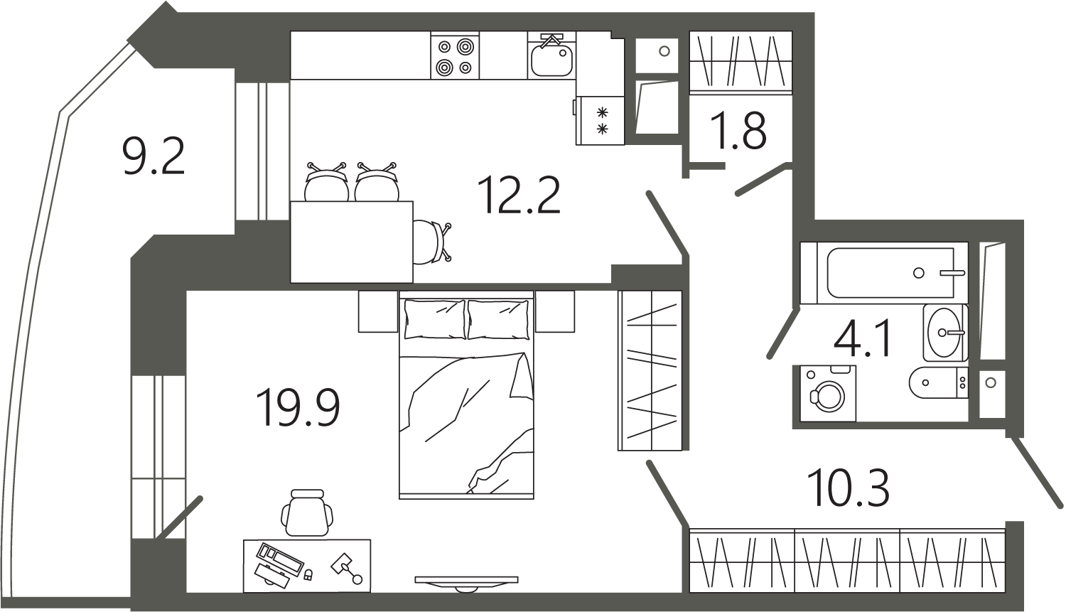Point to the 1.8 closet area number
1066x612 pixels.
pos(738,130)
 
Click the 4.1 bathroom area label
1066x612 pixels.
pos(861,338)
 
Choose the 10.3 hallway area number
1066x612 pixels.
pos(848,488)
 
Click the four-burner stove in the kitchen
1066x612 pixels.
pos(455,55)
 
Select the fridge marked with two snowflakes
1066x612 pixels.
pos(600,120)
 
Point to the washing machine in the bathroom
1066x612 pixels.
pos(828,393)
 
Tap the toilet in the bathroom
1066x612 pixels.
pos(938,382)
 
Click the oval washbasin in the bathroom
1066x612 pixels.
pos(945,333)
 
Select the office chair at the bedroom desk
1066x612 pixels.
pos(307,513)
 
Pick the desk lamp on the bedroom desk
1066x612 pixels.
pos(347,568)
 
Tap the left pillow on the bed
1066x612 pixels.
pos(434,319)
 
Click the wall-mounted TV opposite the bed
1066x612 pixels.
pos(466,584)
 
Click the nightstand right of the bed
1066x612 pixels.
pos(555,311)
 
